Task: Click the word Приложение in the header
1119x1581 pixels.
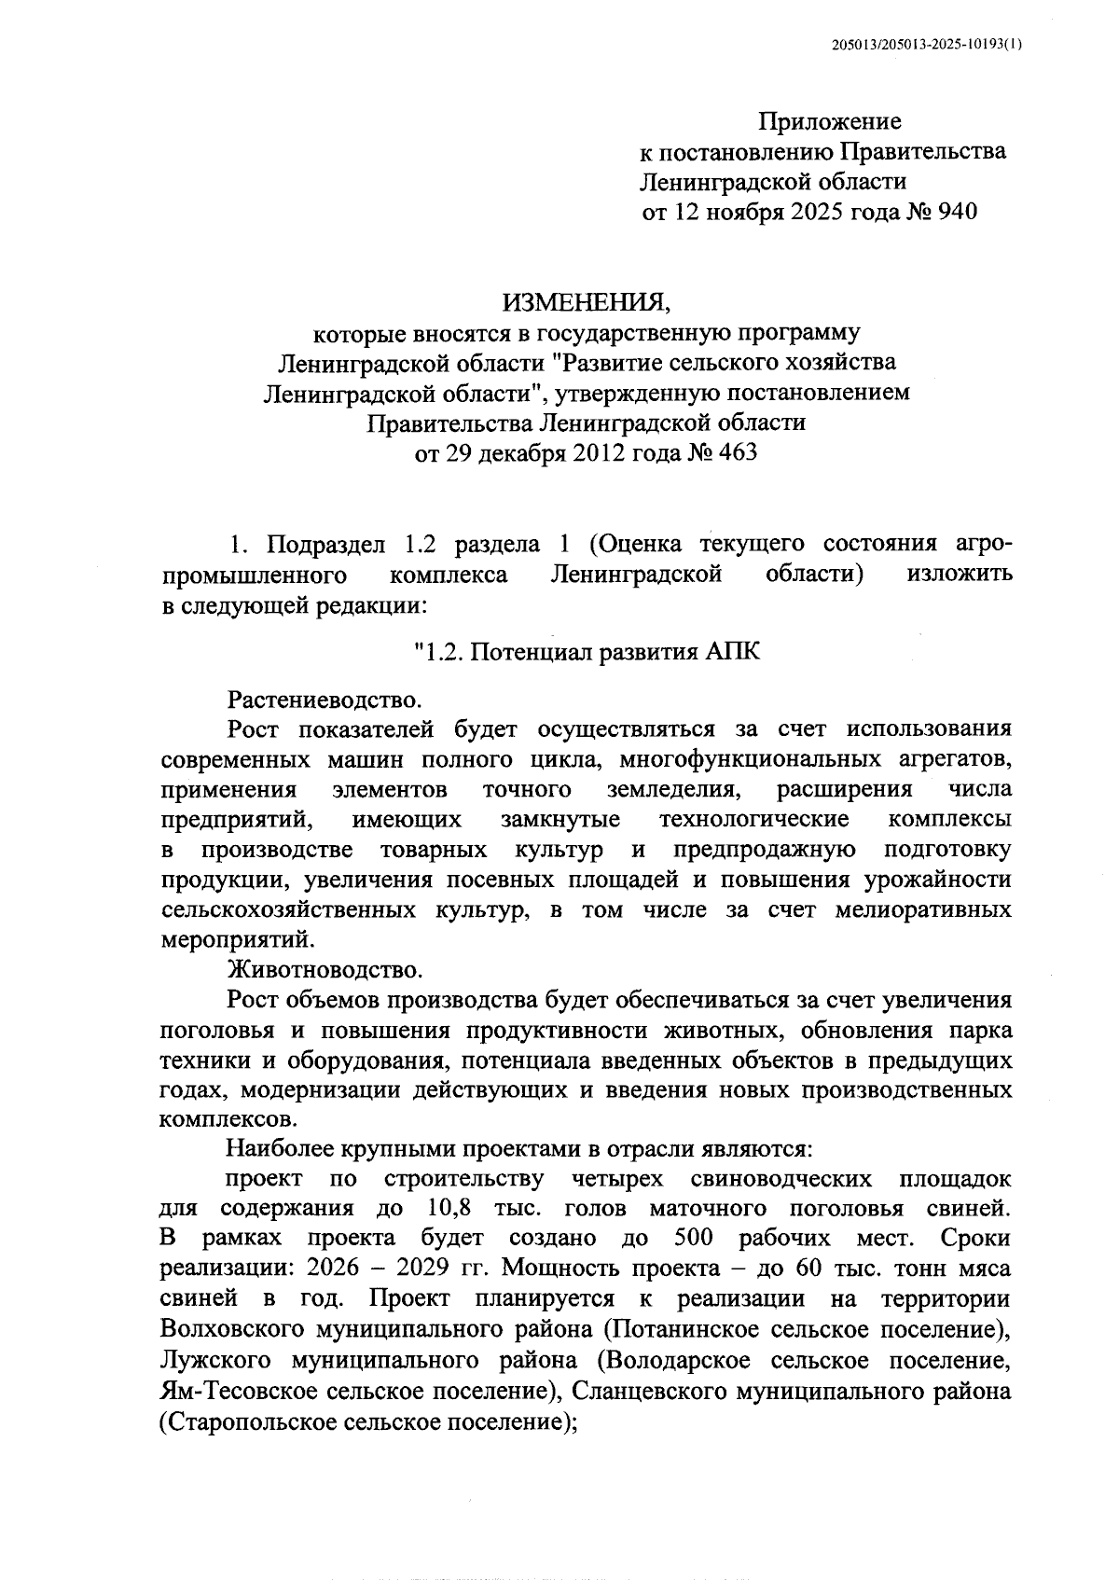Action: click(829, 121)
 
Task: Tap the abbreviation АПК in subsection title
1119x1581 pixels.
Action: click(730, 652)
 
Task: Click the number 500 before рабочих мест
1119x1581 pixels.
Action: click(693, 1239)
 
